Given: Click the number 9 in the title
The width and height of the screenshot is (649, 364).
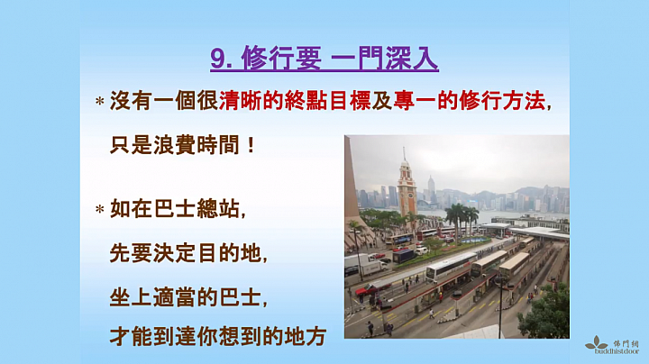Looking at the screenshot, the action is coord(218,59).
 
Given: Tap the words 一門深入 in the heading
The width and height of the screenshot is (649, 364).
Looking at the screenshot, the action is coord(385,59).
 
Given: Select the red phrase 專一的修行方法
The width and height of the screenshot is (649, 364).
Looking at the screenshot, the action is coord(469,101).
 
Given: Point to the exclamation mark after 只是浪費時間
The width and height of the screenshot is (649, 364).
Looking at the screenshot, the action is coord(250,145).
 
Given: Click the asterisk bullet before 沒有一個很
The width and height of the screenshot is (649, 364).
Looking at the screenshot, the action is coord(100,101).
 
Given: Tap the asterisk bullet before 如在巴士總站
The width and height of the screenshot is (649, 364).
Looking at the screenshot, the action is coord(100,210).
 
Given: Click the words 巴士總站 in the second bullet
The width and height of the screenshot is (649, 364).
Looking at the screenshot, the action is coord(197,209).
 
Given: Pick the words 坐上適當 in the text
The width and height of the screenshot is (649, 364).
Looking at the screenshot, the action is coord(152,296).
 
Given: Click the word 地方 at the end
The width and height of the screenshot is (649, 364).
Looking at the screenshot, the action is coord(306,336).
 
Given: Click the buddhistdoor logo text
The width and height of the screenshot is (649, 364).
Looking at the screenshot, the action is coord(617,351).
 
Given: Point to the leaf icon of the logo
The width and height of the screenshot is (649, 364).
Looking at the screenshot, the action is coord(596,342).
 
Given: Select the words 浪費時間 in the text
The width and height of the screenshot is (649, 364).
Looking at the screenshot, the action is coord(197,145).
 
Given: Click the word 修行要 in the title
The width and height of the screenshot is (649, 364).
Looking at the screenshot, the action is coord(281,59).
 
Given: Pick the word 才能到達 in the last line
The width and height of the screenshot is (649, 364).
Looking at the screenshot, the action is coord(152,336).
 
